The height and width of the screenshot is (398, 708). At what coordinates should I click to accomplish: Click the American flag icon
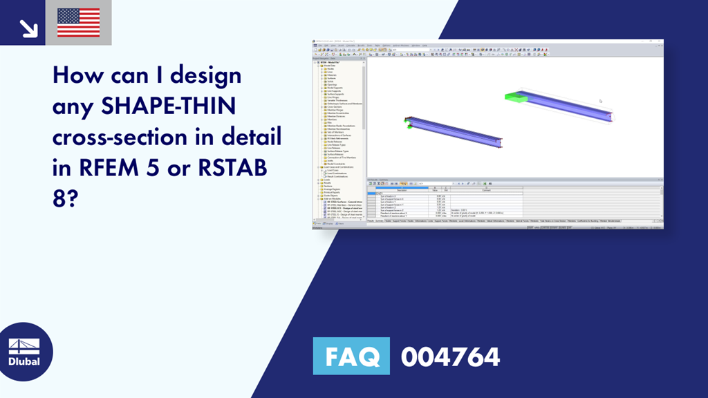[78, 23]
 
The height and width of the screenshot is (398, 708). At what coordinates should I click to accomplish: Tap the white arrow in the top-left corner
[28, 27]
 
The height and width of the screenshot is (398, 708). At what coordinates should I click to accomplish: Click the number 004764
[450, 357]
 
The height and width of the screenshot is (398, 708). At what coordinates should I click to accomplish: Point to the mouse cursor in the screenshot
[600, 101]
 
